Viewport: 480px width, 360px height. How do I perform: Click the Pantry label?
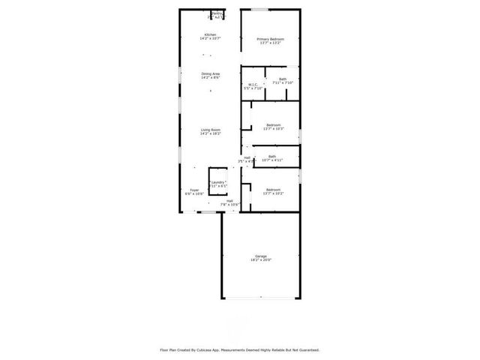click(x=217, y=13)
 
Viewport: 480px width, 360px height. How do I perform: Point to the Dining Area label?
click(x=210, y=73)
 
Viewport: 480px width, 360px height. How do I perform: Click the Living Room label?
click(x=210, y=130)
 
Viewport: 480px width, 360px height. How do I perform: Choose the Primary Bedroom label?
click(x=270, y=39)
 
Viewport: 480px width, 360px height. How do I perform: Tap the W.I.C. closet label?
click(x=253, y=84)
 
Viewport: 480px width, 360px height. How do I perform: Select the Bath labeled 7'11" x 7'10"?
click(x=282, y=79)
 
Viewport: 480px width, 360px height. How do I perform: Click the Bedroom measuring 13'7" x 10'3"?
click(x=273, y=124)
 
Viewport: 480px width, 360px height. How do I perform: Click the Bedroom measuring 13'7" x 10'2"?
click(x=273, y=190)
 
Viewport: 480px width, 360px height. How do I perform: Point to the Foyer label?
click(x=194, y=190)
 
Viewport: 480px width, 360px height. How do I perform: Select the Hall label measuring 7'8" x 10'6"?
click(x=229, y=201)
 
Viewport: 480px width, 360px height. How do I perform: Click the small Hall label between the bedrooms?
click(x=246, y=157)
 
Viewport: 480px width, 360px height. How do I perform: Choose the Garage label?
click(x=260, y=256)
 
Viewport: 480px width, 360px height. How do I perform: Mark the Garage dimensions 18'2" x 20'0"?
click(x=260, y=261)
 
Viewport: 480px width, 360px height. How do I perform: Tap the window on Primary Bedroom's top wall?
click(x=260, y=10)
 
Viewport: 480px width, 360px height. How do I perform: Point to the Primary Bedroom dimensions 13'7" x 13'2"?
click(x=270, y=43)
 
